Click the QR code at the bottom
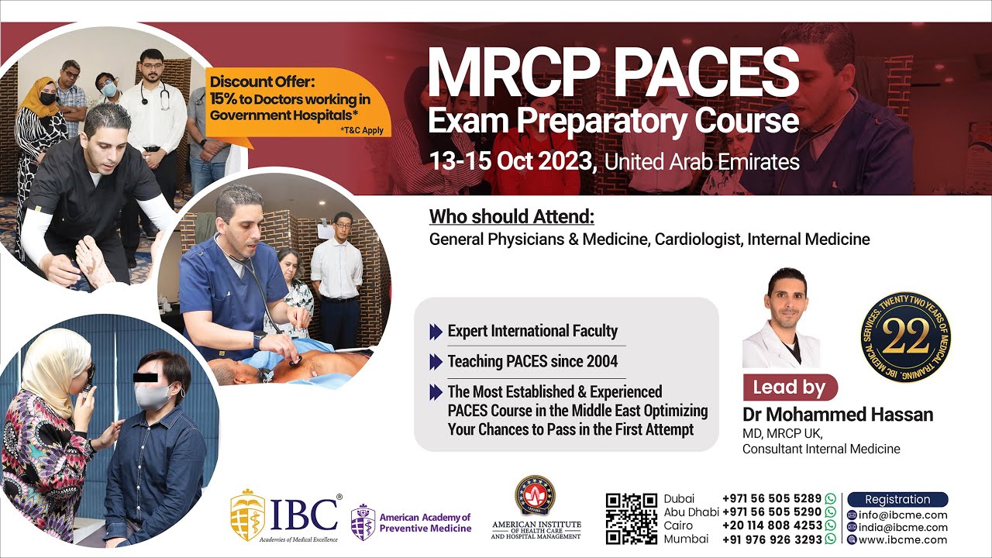click(632, 518)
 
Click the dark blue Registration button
click(897, 499)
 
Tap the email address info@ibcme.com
click(902, 515)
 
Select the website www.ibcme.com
click(902, 539)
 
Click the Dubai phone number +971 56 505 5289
click(771, 499)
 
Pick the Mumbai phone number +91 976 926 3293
click(771, 539)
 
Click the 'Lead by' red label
click(790, 387)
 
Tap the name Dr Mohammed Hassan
click(837, 415)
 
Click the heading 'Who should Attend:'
click(511, 216)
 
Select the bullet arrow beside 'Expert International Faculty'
click(436, 332)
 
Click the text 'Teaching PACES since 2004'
click(532, 361)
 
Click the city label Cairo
click(680, 525)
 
